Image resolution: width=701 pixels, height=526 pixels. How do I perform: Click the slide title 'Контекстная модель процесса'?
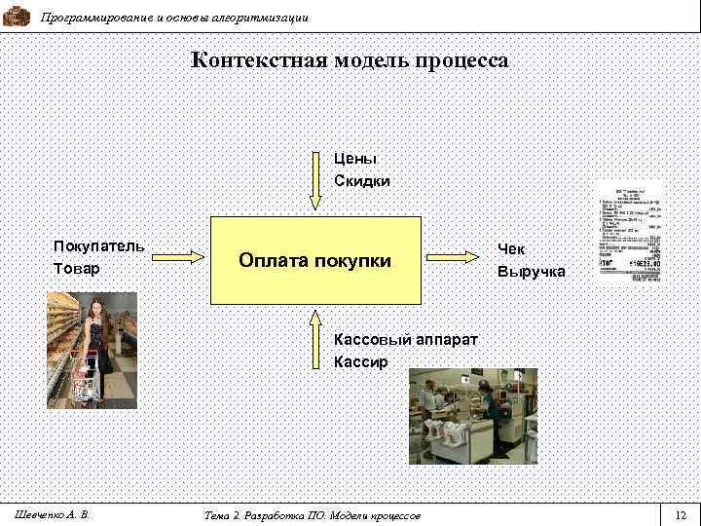click(350, 60)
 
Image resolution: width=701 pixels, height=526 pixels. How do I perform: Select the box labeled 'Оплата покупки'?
click(315, 261)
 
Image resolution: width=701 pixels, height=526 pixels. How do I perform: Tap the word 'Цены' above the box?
click(355, 158)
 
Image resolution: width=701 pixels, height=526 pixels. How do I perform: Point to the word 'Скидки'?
click(362, 181)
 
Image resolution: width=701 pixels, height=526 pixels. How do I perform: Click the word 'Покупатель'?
click(99, 245)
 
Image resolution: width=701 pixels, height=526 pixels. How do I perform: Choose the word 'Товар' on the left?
click(77, 268)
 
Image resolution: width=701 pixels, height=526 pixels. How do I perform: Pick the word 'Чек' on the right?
click(511, 249)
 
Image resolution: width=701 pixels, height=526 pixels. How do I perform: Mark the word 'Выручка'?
click(532, 272)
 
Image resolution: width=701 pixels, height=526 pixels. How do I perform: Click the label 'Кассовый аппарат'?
click(406, 340)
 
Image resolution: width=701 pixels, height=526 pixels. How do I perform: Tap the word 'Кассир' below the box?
click(360, 362)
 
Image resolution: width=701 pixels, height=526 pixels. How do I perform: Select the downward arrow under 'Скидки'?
click(314, 180)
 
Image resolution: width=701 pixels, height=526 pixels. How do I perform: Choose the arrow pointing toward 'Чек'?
click(456, 259)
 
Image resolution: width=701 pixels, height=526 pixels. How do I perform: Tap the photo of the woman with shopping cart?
click(92, 350)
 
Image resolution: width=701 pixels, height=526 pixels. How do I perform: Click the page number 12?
click(680, 514)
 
